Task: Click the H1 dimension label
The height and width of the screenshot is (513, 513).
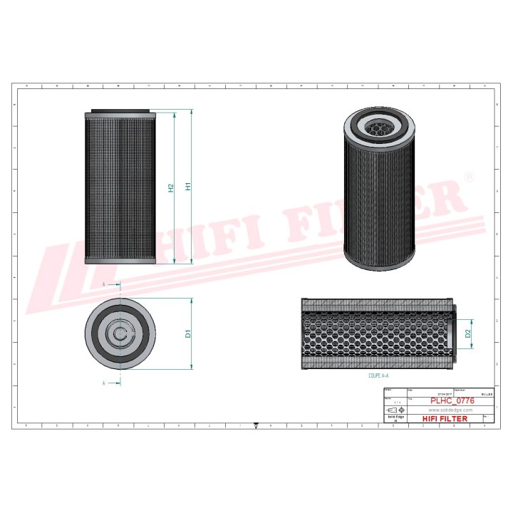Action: (188, 187)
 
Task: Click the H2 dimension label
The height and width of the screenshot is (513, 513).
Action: (171, 188)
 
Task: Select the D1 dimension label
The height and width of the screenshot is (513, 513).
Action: (188, 333)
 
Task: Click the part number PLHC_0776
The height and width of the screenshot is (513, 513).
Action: (452, 401)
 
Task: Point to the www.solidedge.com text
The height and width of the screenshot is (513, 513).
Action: (450, 410)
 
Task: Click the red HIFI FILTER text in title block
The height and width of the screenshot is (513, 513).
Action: (445, 419)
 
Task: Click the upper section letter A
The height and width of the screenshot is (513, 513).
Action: (104, 284)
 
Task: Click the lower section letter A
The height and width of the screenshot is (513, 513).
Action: (104, 383)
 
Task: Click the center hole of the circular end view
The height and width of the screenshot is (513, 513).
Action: (120, 333)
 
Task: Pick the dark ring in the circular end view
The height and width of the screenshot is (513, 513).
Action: (100, 333)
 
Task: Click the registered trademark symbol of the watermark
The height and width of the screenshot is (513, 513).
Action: (469, 176)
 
